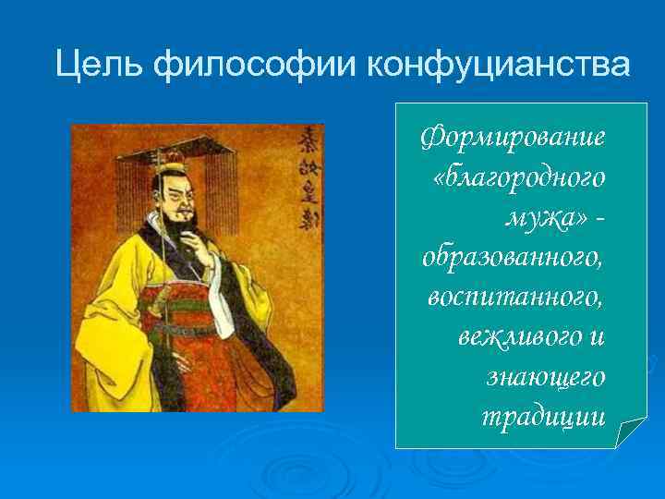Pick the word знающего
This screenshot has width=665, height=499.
click(x=546, y=377)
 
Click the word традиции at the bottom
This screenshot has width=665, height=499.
click(x=544, y=417)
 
